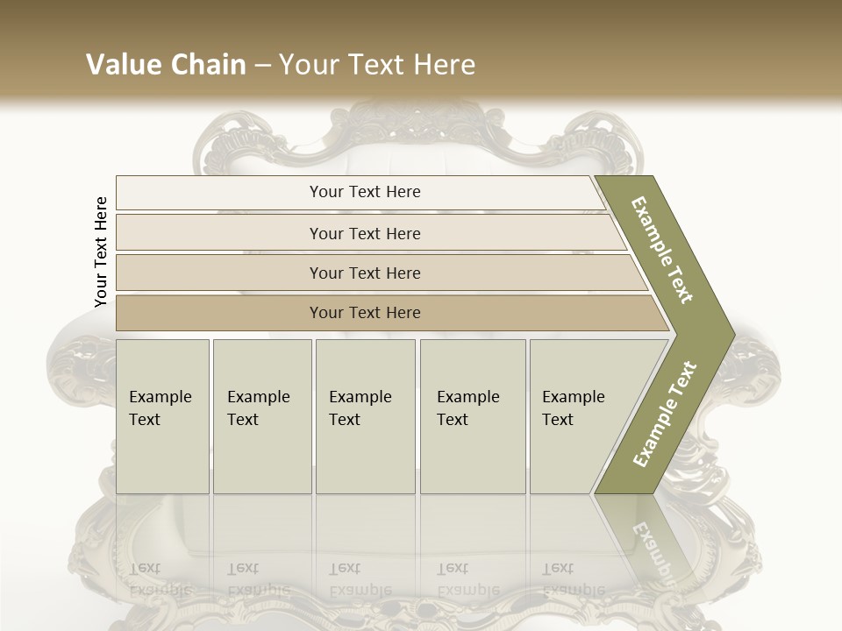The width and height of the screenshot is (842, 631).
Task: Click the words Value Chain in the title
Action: pos(166,65)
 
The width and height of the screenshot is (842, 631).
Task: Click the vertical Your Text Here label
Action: pos(101,252)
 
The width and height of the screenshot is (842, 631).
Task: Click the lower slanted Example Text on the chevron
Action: pos(665,414)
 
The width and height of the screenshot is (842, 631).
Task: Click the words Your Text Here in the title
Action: pos(377,65)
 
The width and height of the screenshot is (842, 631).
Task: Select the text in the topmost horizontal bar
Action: pos(365,192)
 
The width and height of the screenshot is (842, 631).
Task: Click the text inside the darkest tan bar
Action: pos(365,313)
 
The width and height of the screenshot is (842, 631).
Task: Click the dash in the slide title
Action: pos(262,66)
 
